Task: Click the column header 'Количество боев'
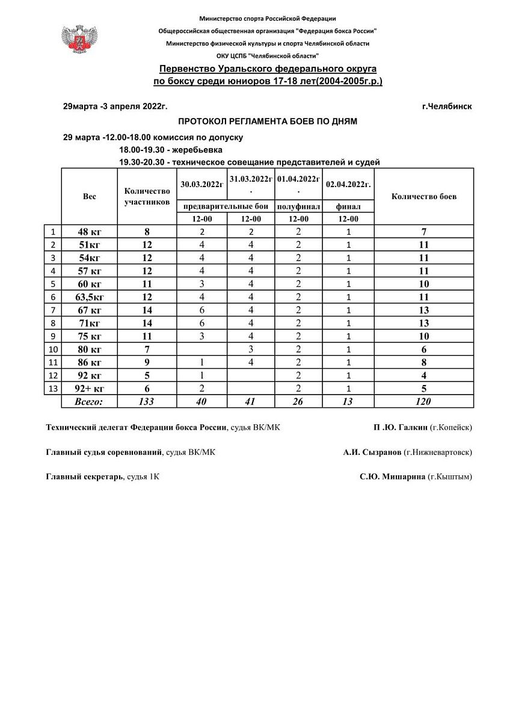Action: (424, 197)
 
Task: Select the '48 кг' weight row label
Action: (90, 232)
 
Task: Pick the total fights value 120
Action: (424, 401)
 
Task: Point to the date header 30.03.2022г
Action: (201, 184)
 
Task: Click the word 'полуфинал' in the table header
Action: (298, 207)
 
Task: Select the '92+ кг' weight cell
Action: (90, 389)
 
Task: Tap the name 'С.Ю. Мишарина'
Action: (392, 477)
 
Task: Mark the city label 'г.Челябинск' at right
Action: (447, 106)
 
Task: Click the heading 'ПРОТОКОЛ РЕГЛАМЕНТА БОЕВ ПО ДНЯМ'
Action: (268, 122)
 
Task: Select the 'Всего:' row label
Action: (89, 401)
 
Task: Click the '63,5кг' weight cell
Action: (90, 297)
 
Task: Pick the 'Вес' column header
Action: (89, 197)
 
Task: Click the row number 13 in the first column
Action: (54, 389)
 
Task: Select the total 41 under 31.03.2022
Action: (251, 401)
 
